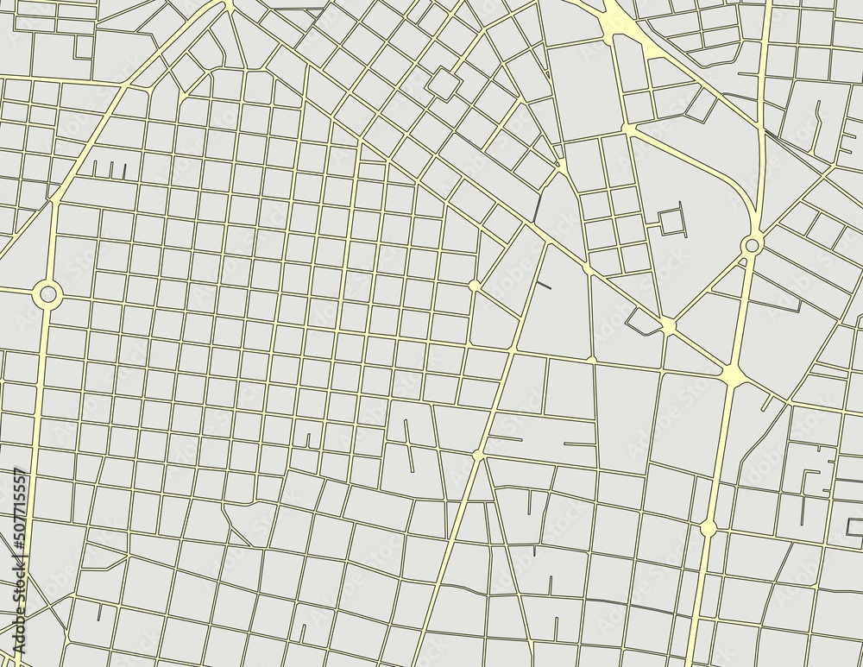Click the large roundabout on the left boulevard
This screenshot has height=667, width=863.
coord(47,295)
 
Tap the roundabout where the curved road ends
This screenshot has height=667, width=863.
coord(752,245)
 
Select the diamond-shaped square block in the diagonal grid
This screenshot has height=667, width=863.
coord(444,85)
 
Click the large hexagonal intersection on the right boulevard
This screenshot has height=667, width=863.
coord(733,374)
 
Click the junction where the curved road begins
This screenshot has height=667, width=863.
coord(628,129)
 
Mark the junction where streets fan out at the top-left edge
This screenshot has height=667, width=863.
coord(230,7)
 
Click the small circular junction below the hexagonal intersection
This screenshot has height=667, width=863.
coord(709,527)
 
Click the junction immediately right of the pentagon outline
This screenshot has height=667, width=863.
coord(667,325)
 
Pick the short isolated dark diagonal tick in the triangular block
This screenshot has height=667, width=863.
coord(544,284)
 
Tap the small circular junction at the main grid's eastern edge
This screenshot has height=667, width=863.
coord(474,285)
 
